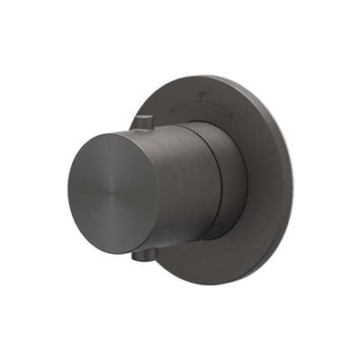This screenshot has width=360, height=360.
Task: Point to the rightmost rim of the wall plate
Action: click(x=293, y=180)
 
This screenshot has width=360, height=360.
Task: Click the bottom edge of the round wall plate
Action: click(x=211, y=283)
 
